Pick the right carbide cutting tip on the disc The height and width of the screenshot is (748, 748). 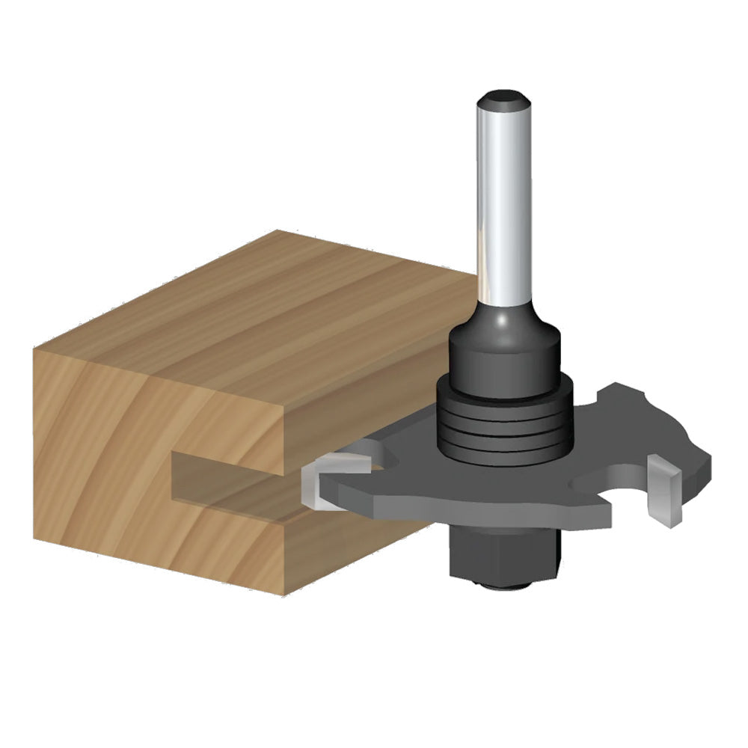[x=664, y=490]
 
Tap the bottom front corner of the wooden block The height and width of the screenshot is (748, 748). [x=283, y=595]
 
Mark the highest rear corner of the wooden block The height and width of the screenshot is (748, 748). [x=278, y=232]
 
